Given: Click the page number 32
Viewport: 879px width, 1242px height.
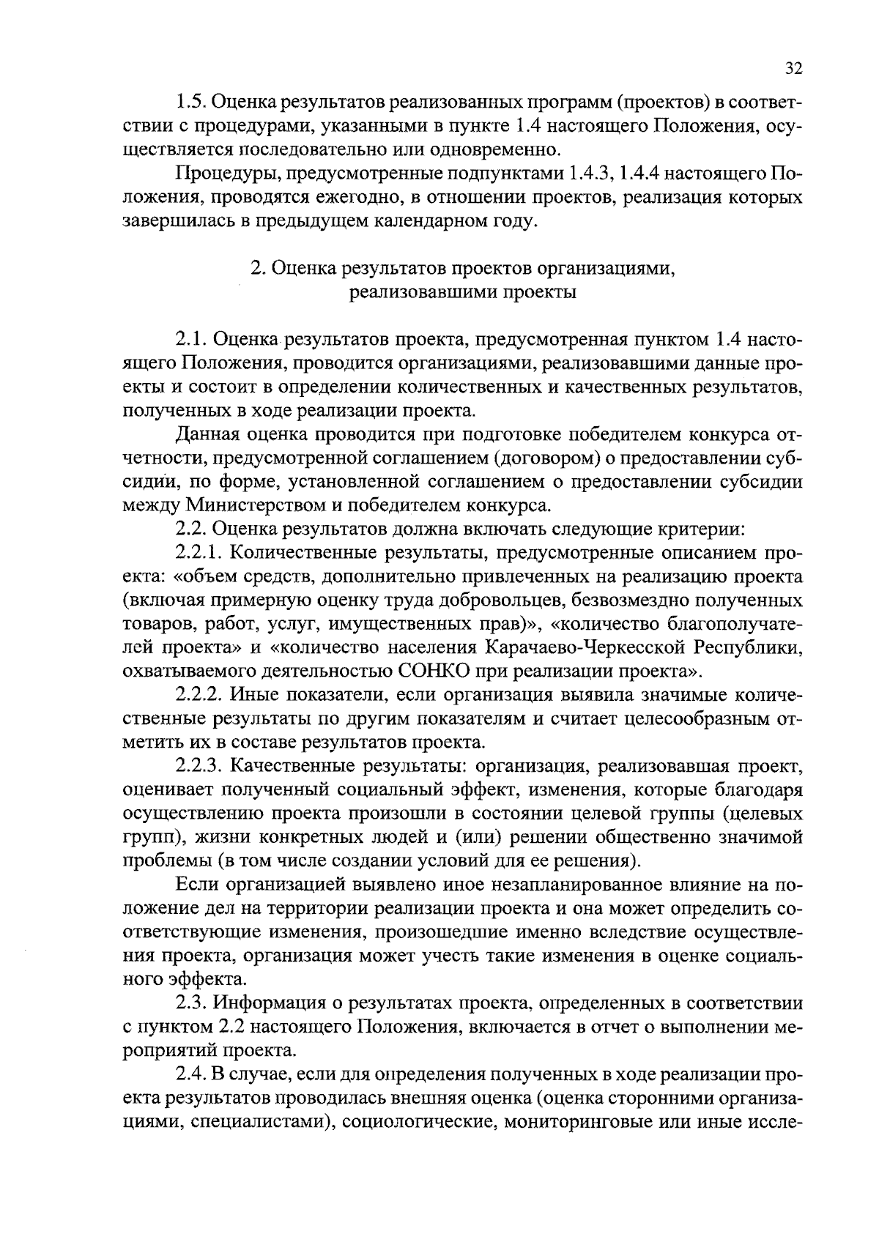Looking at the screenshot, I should (x=793, y=69).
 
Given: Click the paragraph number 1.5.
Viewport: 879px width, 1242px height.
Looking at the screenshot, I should (x=192, y=103).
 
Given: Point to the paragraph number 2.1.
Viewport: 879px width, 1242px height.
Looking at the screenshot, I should (x=192, y=340).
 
